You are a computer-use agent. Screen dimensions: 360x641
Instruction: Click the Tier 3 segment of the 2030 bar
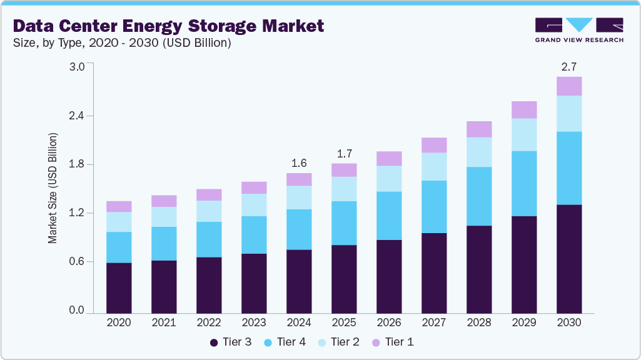pos(569,258)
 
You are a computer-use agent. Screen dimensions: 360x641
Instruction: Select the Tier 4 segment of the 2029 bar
pos(524,183)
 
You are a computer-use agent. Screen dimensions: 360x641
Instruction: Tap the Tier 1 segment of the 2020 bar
pos(119,206)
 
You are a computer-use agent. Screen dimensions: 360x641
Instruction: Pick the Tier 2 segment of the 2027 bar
pos(434,166)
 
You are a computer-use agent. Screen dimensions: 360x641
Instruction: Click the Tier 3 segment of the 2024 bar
pos(299,281)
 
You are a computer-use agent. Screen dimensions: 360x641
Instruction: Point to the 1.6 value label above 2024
pos(299,164)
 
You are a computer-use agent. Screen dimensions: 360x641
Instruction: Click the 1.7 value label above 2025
pos(344,154)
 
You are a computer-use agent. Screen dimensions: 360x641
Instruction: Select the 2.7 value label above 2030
pos(569,67)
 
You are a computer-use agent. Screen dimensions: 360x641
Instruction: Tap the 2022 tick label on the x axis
pos(209,323)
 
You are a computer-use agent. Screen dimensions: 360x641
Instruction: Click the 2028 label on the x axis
pos(479,323)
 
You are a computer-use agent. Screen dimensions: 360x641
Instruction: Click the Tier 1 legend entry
pos(392,342)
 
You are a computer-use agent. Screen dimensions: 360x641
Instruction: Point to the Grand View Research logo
pos(579,30)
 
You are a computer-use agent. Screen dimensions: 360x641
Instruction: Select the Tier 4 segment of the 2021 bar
pos(164,243)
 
